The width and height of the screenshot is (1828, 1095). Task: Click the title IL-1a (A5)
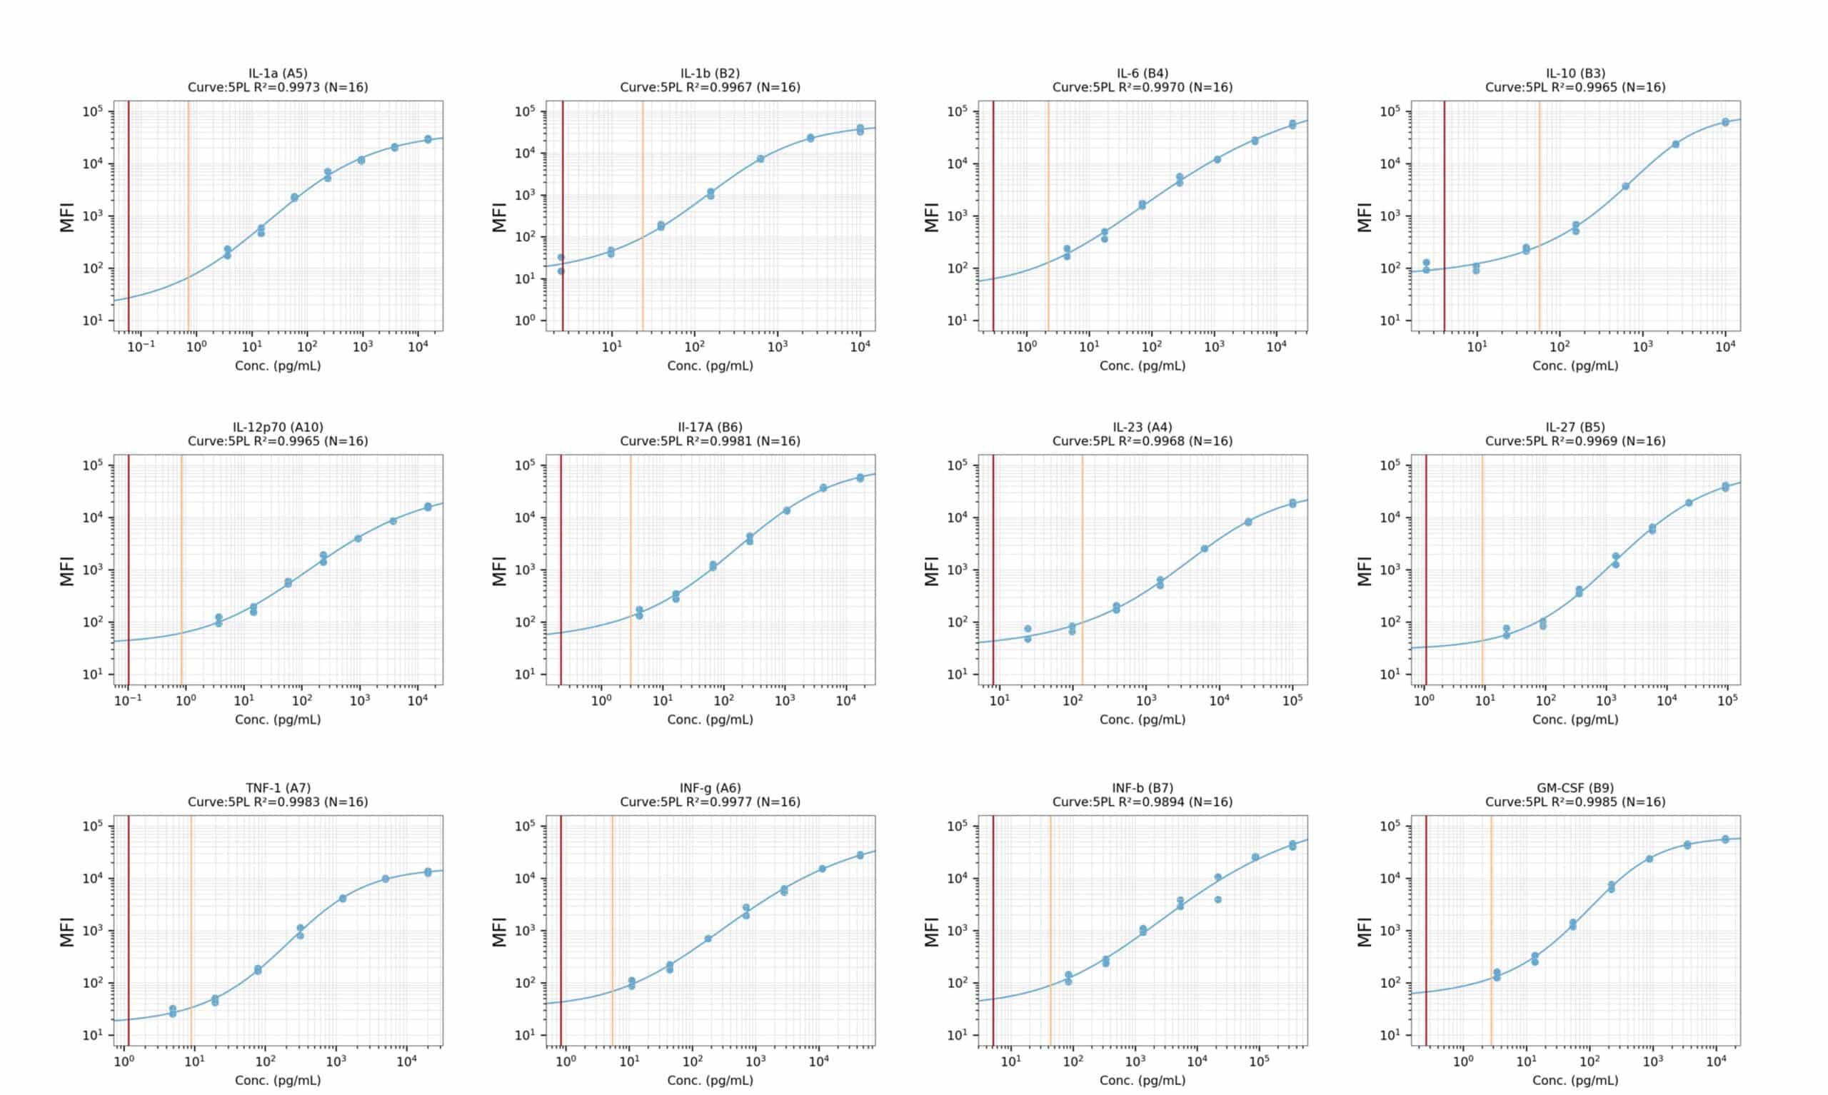tap(278, 73)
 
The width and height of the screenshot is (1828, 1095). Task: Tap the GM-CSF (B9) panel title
tap(1575, 788)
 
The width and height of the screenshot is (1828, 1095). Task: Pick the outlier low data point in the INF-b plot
tap(1217, 899)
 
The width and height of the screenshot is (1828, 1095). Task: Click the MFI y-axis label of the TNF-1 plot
tap(67, 932)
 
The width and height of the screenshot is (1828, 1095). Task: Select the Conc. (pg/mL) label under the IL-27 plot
tap(1575, 720)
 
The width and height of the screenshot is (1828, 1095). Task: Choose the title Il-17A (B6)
tap(710, 428)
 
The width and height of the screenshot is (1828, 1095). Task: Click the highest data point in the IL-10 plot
tap(1725, 122)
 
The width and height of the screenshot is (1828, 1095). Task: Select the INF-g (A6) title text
tap(710, 788)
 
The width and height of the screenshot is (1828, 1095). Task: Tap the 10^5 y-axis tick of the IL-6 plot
tap(958, 111)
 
